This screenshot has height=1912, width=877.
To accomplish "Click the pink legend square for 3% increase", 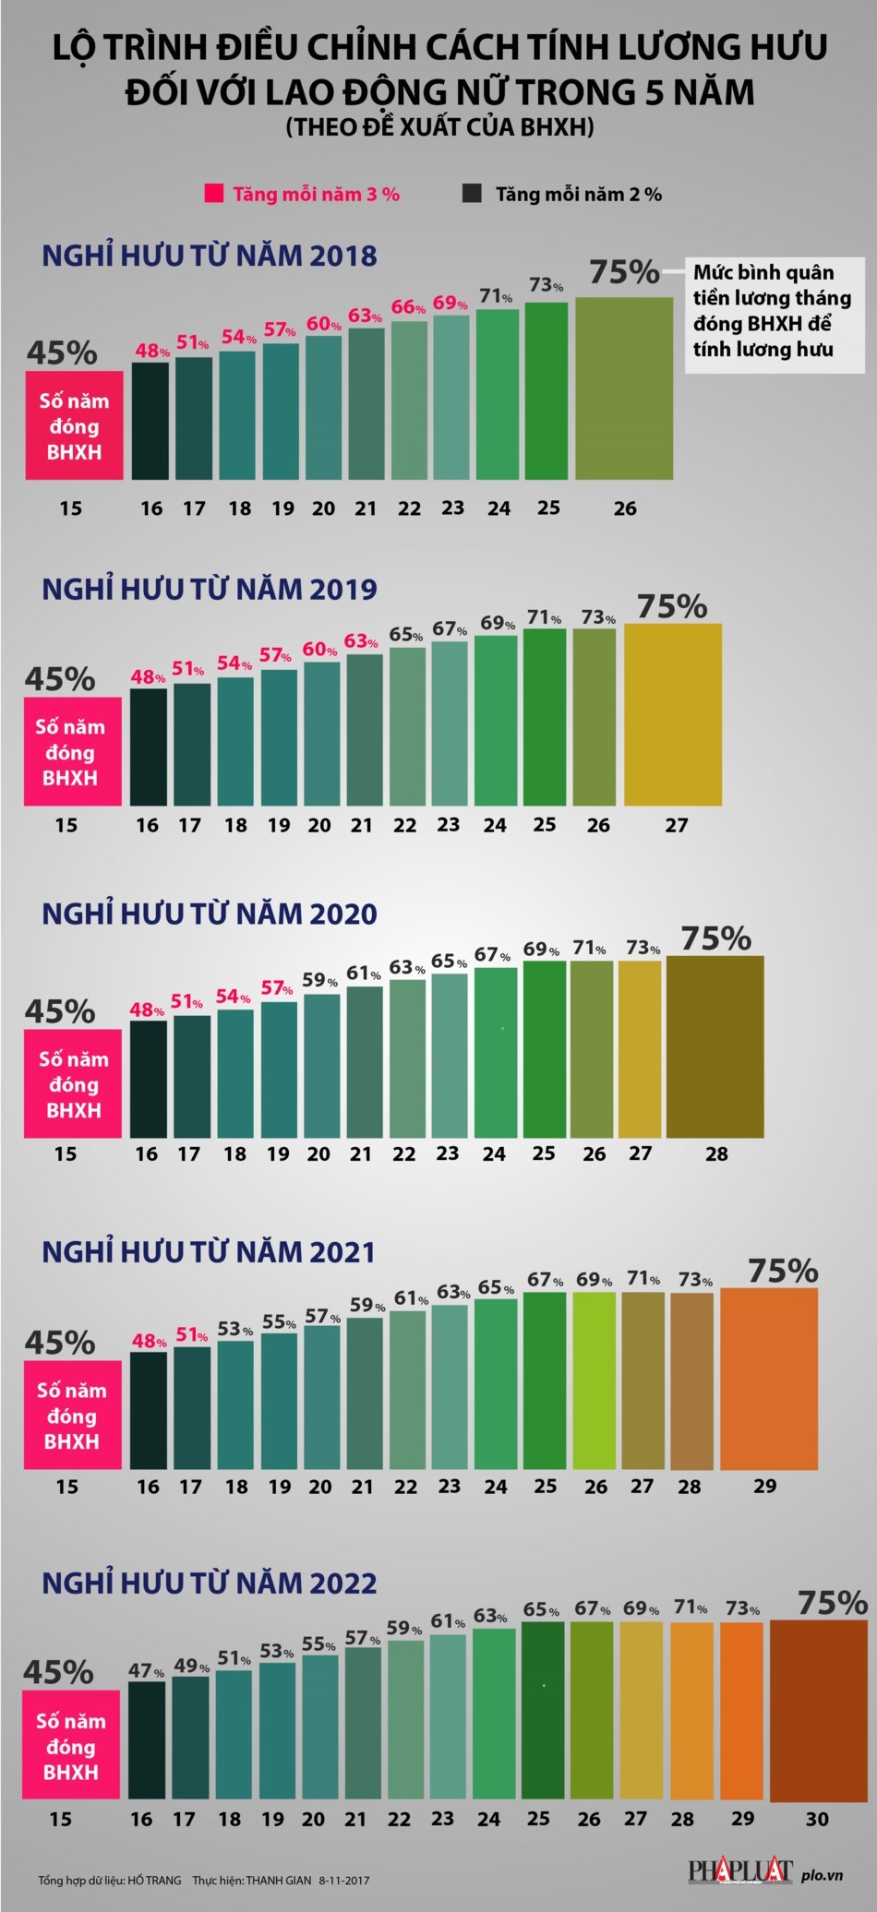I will [213, 194].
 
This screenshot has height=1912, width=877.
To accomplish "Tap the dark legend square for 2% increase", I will [472, 194].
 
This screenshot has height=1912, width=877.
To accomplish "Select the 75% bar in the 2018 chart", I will [624, 388].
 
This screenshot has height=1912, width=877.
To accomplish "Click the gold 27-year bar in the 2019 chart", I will [673, 714].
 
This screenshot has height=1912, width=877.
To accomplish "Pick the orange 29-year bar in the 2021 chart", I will [768, 1379].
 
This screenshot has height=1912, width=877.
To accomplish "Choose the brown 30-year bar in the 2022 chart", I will [818, 1711].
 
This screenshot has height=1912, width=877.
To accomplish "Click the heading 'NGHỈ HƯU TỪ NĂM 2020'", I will [210, 914].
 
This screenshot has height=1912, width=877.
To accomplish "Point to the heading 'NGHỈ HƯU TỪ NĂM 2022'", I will [210, 1583].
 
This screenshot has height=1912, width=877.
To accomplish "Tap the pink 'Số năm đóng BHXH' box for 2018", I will [74, 425].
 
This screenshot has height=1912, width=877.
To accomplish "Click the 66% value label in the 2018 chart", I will [408, 307].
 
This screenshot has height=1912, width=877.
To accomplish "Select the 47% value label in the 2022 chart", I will [146, 1671].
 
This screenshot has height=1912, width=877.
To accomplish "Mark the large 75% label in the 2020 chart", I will [715, 938].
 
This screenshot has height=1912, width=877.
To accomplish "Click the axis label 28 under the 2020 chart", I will [716, 1153].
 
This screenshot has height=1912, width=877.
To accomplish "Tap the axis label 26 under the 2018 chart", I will [625, 508].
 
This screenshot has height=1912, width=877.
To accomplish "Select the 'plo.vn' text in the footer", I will [822, 1875].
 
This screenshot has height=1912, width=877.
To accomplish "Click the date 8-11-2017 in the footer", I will [344, 1880].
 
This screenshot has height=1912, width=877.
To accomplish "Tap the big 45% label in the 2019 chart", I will [60, 679].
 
